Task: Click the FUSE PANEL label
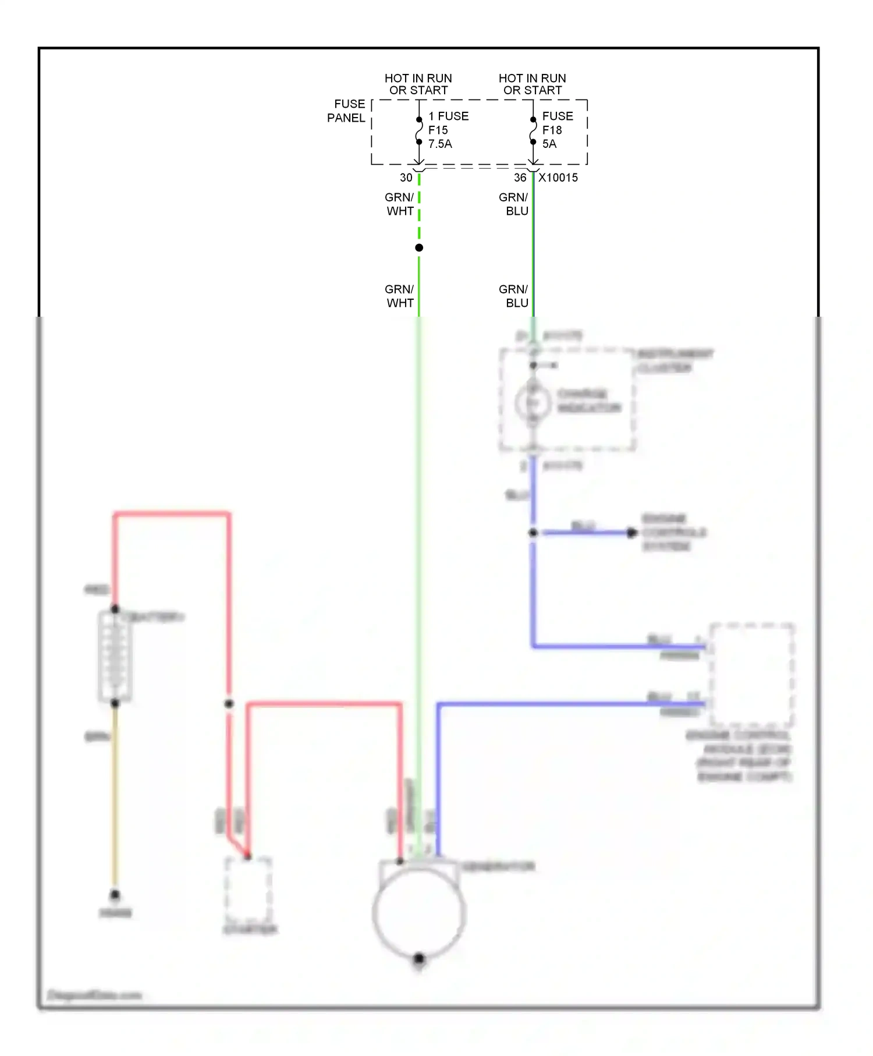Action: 347,111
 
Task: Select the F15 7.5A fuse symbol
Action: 419,131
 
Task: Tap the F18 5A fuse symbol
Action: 533,131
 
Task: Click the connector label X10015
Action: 558,178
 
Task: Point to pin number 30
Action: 406,178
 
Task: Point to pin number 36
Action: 520,178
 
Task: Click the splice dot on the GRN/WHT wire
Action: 419,248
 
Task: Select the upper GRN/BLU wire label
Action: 514,204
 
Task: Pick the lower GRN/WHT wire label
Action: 400,296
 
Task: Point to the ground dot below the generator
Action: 419,958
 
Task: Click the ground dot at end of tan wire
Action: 115,895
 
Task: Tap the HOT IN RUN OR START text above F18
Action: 533,84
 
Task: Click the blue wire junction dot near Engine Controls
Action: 533,533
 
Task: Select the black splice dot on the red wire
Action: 229,704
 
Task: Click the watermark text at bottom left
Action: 94,995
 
